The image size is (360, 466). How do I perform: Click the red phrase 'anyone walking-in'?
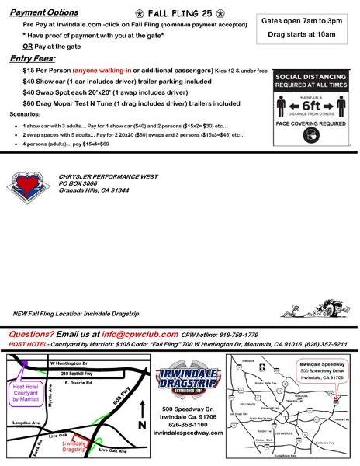coord(106,70)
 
